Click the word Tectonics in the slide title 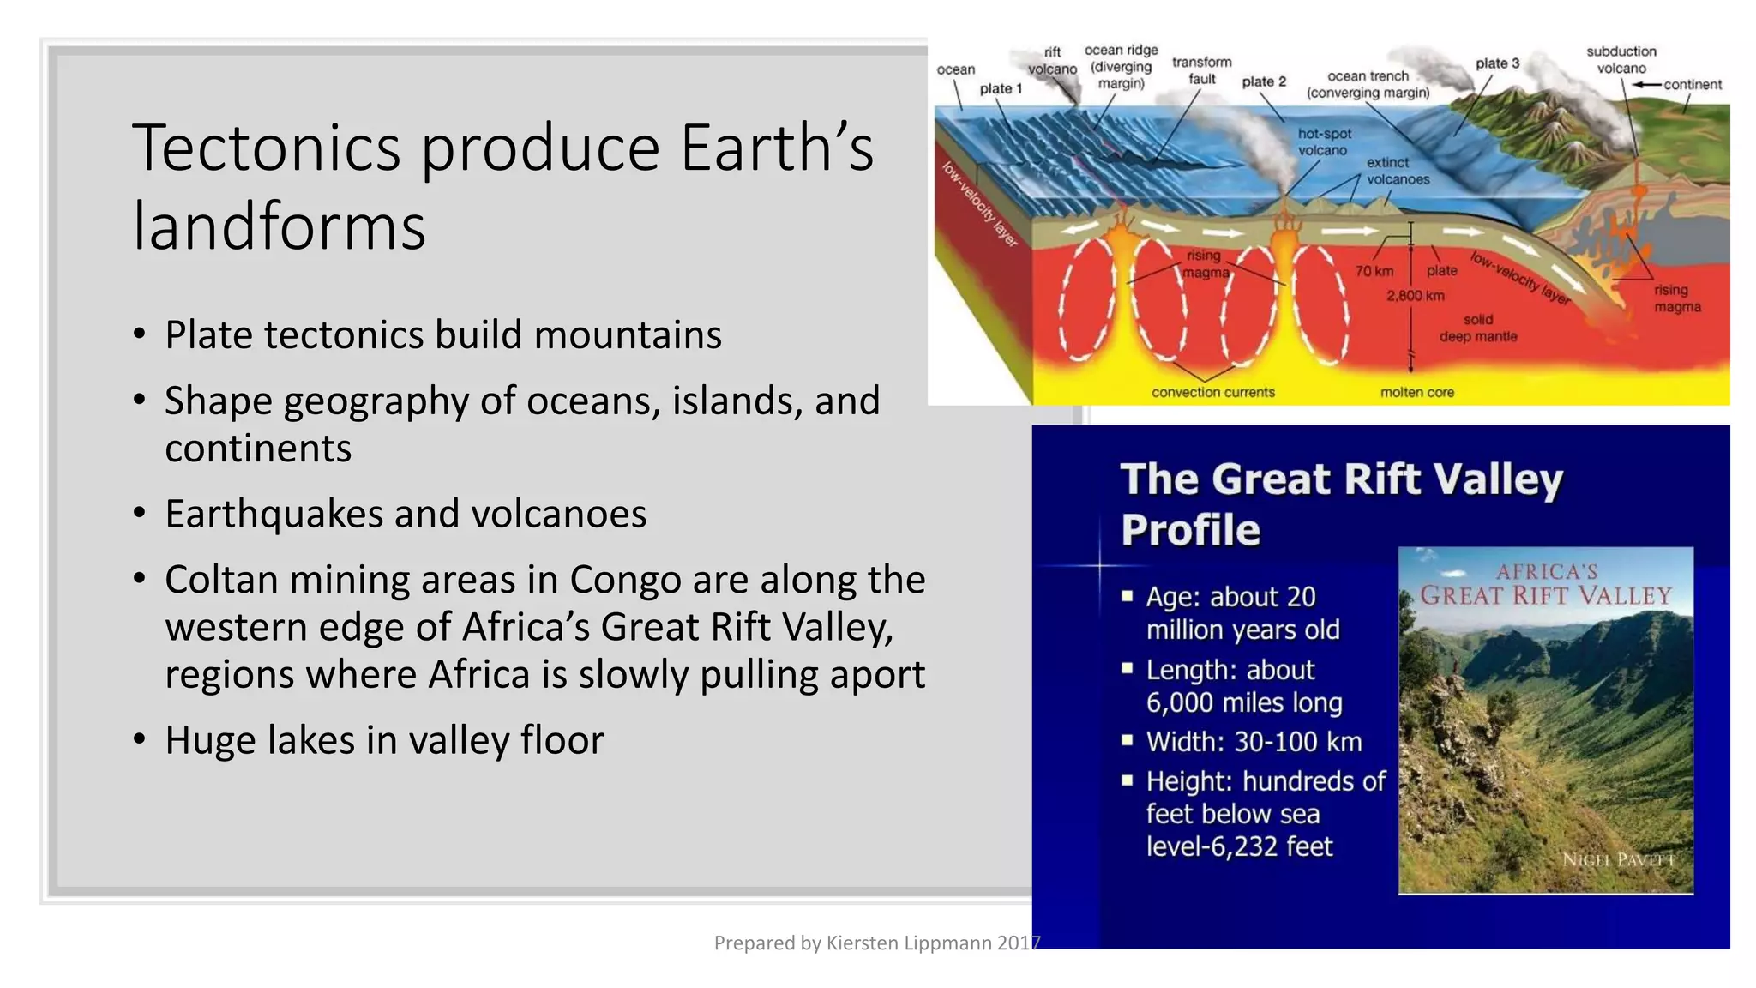click(267, 148)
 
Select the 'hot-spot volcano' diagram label click(1324, 142)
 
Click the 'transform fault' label click(1201, 70)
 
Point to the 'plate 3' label click(1497, 63)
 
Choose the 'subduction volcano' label click(1621, 60)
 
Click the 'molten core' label click(1416, 392)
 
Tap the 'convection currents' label click(1212, 392)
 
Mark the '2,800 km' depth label click(1415, 296)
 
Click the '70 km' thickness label click(1374, 271)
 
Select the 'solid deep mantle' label click(1478, 328)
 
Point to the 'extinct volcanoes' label click(1397, 171)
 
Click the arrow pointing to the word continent click(1645, 85)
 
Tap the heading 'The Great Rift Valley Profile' click(1341, 503)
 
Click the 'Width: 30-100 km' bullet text click(1254, 742)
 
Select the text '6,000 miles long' click(1244, 703)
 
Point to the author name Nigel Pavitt click(1618, 859)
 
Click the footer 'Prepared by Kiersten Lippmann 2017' click(876, 943)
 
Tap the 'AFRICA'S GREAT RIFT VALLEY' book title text click(1546, 584)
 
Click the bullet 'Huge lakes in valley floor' click(384, 740)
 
